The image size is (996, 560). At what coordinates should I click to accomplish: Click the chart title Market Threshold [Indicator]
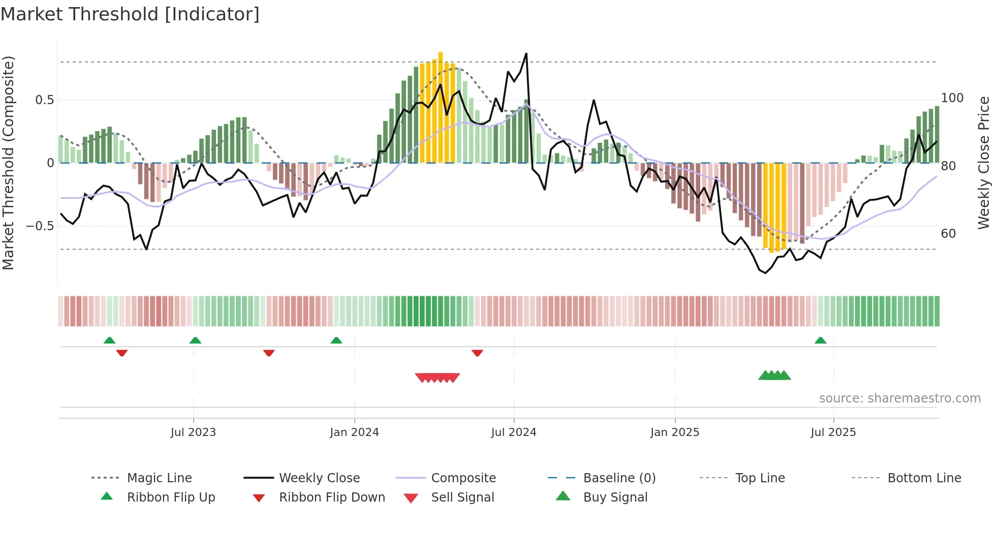[130, 14]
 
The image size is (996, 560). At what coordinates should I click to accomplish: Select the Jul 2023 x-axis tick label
[193, 432]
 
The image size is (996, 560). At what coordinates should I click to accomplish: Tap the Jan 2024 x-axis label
[354, 432]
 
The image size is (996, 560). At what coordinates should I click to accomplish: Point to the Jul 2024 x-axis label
[513, 432]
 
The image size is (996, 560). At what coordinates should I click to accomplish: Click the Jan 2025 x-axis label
[675, 432]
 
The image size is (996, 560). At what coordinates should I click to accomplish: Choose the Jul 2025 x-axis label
[833, 432]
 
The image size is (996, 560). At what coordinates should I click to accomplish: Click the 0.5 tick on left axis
[45, 100]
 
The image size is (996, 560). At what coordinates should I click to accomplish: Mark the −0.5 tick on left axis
[40, 226]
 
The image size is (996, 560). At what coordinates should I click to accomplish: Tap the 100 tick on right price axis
[952, 98]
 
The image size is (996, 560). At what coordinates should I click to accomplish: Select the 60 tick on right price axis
[948, 234]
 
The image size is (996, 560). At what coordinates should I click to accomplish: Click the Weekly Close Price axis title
[984, 163]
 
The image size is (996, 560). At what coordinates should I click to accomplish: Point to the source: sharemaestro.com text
[899, 398]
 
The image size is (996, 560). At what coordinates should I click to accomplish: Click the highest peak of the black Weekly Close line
[526, 53]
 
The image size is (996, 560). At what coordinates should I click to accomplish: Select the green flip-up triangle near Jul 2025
[820, 340]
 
